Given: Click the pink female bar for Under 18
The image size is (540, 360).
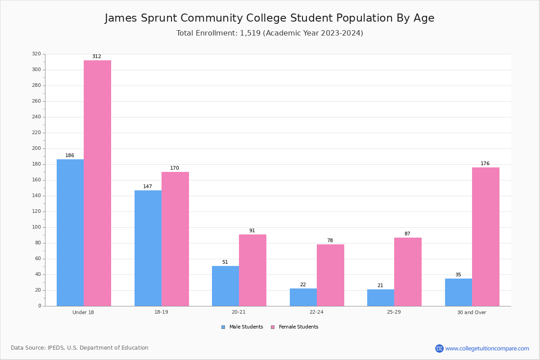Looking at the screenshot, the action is pos(97,183).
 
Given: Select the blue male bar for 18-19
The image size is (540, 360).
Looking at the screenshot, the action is pos(148,248).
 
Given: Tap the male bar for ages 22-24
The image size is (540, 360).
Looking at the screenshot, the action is pos(303,297).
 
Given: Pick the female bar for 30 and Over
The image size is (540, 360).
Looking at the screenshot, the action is pos(486,237).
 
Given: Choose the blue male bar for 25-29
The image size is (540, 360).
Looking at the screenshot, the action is pos(381,298).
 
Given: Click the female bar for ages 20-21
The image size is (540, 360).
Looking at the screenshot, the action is pos(252,270).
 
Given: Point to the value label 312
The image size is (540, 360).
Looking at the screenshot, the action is pos(97,56).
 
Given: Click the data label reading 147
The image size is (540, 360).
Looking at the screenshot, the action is pos(148,186).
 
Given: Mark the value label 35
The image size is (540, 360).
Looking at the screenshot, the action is pos(458,274).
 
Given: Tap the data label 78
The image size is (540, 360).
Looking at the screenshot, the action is pos(330,240).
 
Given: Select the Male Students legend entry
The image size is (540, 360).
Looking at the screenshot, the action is pos(242,327).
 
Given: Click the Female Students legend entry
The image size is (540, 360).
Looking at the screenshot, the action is pos(295,327).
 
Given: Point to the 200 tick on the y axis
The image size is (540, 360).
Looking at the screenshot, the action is pos(36,148).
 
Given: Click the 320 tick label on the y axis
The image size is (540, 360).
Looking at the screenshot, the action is pos(36,54).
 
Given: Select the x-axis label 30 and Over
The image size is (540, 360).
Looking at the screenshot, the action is pos(472,312).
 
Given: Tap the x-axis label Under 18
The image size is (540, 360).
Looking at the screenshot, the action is pos(83,312).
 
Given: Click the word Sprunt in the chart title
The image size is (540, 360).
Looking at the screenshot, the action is pos(159,18).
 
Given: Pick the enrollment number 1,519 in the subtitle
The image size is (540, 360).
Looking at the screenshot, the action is pos(250,33).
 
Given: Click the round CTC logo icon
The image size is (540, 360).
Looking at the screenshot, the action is pos(440,348).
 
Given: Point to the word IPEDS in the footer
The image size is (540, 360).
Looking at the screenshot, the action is pos(56,348).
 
